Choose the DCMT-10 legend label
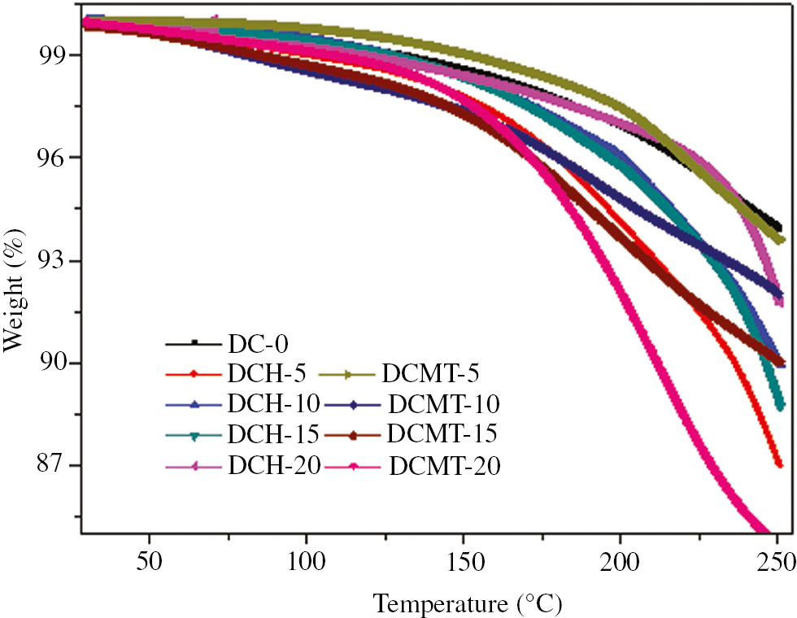[444, 404]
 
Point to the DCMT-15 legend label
[443, 434]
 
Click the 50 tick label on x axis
[149, 563]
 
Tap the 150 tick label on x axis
[463, 563]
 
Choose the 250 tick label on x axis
[775, 563]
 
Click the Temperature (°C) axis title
[468, 603]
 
